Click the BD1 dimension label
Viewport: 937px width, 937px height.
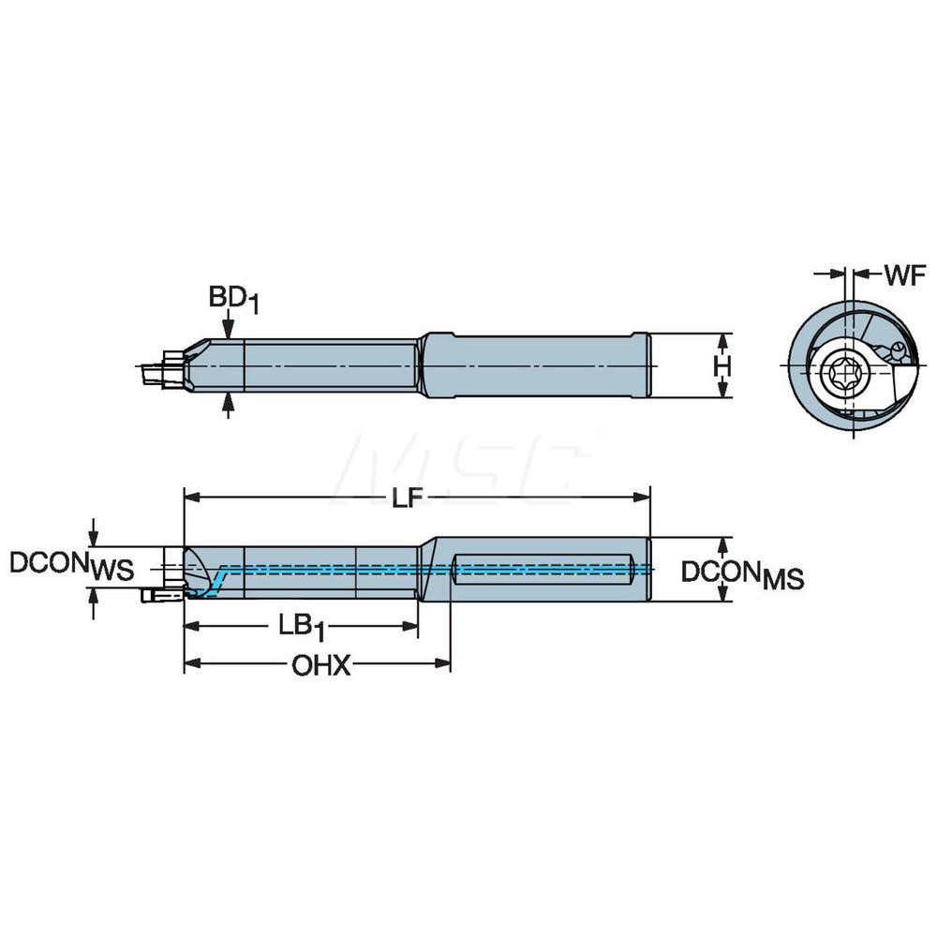click(230, 299)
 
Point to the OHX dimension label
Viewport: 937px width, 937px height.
click(320, 666)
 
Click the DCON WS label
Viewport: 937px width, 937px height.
click(70, 565)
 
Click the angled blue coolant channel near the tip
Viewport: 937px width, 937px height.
click(216, 580)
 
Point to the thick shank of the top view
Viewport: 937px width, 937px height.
click(534, 365)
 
